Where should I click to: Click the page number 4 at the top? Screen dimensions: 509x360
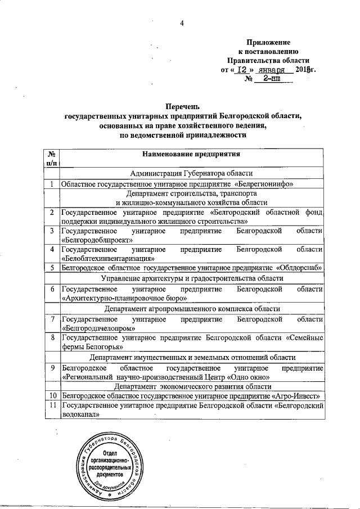tap(182, 22)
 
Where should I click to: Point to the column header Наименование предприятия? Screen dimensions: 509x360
tap(191, 154)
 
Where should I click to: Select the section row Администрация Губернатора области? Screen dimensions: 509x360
tap(191, 173)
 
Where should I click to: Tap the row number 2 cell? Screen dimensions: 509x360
tap(51, 213)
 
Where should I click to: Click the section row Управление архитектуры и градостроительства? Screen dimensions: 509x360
tap(191, 278)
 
